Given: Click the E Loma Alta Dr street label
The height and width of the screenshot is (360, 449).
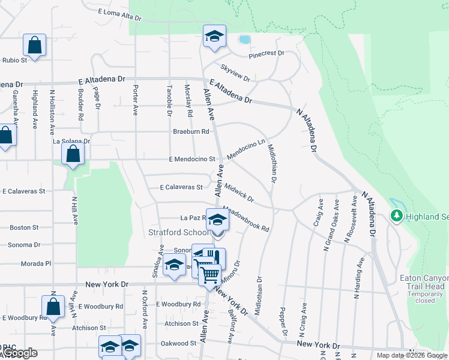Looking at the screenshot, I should [119, 14].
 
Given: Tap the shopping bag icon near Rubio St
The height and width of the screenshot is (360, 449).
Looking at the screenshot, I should [34, 45].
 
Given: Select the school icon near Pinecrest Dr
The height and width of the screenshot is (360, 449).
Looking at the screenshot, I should [214, 36].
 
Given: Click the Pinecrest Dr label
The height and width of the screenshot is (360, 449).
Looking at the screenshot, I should [267, 53].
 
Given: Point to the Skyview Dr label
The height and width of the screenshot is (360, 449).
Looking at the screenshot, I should [235, 73].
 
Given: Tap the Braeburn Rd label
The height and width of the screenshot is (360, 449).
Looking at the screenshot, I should [191, 131].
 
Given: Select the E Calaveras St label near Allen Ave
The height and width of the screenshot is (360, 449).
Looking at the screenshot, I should [181, 187].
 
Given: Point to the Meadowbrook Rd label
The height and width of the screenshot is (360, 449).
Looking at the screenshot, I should [246, 219].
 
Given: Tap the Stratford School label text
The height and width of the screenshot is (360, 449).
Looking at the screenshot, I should [179, 232].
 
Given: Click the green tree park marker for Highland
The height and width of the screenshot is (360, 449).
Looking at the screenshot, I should [396, 215].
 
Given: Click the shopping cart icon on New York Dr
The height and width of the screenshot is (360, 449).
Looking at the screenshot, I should [209, 275].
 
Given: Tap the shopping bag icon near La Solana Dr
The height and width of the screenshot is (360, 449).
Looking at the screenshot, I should [73, 154].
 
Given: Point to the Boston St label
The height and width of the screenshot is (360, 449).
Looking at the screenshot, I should [24, 227].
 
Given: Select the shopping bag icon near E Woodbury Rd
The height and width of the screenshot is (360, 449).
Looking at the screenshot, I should [53, 306].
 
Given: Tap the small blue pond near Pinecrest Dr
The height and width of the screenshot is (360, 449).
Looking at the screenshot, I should [244, 40].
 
